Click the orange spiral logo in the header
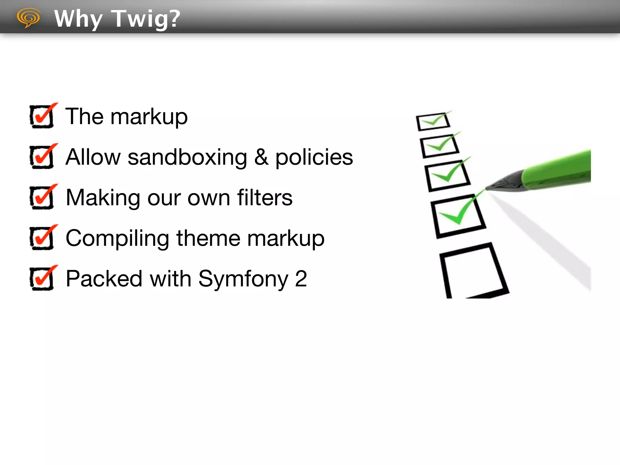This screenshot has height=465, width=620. click(29, 18)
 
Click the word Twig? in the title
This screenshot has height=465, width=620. click(146, 19)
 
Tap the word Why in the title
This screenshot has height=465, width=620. click(78, 19)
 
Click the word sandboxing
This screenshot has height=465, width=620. click(187, 157)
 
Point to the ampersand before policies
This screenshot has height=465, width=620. click(261, 157)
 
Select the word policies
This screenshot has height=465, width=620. click(314, 158)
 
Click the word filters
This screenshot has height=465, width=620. click(265, 198)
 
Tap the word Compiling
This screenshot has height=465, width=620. click(117, 239)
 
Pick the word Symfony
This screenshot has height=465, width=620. click(243, 279)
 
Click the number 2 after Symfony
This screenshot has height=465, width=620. click(301, 279)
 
